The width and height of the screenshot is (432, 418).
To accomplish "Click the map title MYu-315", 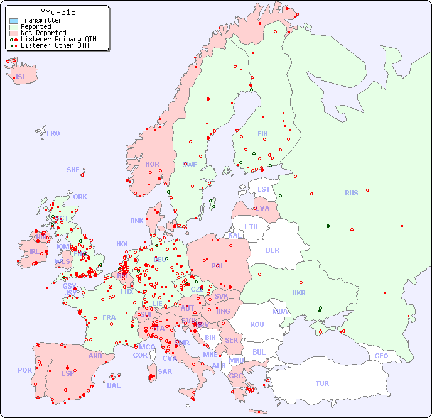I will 58,12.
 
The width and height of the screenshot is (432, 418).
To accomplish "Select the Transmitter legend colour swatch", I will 14,21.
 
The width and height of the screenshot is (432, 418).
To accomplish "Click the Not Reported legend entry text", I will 43,33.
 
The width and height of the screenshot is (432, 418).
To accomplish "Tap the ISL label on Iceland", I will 21,77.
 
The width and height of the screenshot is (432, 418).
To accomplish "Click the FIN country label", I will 262,134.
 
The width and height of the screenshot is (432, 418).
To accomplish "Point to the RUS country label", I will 351,193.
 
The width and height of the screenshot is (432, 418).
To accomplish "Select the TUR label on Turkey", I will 322,383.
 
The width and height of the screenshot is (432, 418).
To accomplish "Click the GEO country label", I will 381,356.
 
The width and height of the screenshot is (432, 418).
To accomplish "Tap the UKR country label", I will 299,293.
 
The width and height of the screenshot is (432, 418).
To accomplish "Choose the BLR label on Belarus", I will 272,250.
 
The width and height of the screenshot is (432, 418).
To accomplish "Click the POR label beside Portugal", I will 24,370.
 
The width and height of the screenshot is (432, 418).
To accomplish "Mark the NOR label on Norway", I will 152,164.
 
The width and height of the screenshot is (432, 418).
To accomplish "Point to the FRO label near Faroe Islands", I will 53,133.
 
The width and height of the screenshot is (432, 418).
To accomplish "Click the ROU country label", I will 257,324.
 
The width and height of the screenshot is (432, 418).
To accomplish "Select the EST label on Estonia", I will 264,189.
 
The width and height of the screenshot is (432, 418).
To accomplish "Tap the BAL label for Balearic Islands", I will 113,385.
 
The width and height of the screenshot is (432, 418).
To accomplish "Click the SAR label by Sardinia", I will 165,371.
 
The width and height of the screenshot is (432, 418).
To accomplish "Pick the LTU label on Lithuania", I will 251,227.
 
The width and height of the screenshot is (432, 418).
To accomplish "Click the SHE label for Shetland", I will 73,170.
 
